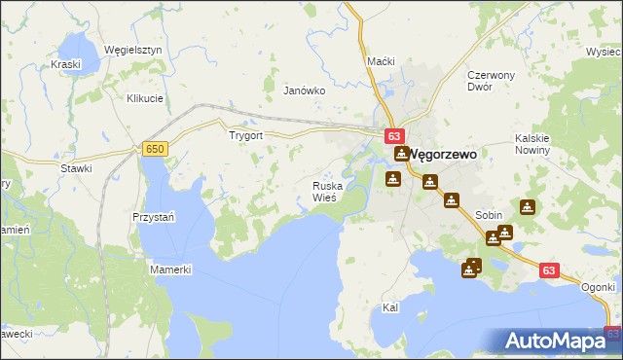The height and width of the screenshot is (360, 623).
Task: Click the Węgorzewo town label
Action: tap(446, 154)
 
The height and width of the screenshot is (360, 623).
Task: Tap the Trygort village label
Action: tap(245, 136)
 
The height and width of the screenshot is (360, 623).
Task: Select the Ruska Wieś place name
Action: tap(326, 191)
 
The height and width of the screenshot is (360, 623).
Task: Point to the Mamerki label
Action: tap(171, 269)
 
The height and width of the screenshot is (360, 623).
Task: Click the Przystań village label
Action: tap(153, 217)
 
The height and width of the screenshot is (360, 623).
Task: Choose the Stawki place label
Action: tap(76, 168)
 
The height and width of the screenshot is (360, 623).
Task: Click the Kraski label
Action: tap(65, 64)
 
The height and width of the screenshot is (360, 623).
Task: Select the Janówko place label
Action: tap(303, 90)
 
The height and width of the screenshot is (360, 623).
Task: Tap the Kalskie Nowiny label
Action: tap(533, 144)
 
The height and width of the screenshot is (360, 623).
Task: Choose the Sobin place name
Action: tap(489, 215)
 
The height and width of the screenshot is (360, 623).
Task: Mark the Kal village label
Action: tap(390, 307)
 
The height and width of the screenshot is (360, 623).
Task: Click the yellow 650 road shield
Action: tap(154, 148)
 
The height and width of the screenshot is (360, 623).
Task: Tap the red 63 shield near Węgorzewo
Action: tap(393, 137)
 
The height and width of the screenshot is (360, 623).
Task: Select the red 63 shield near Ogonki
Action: tap(549, 271)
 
